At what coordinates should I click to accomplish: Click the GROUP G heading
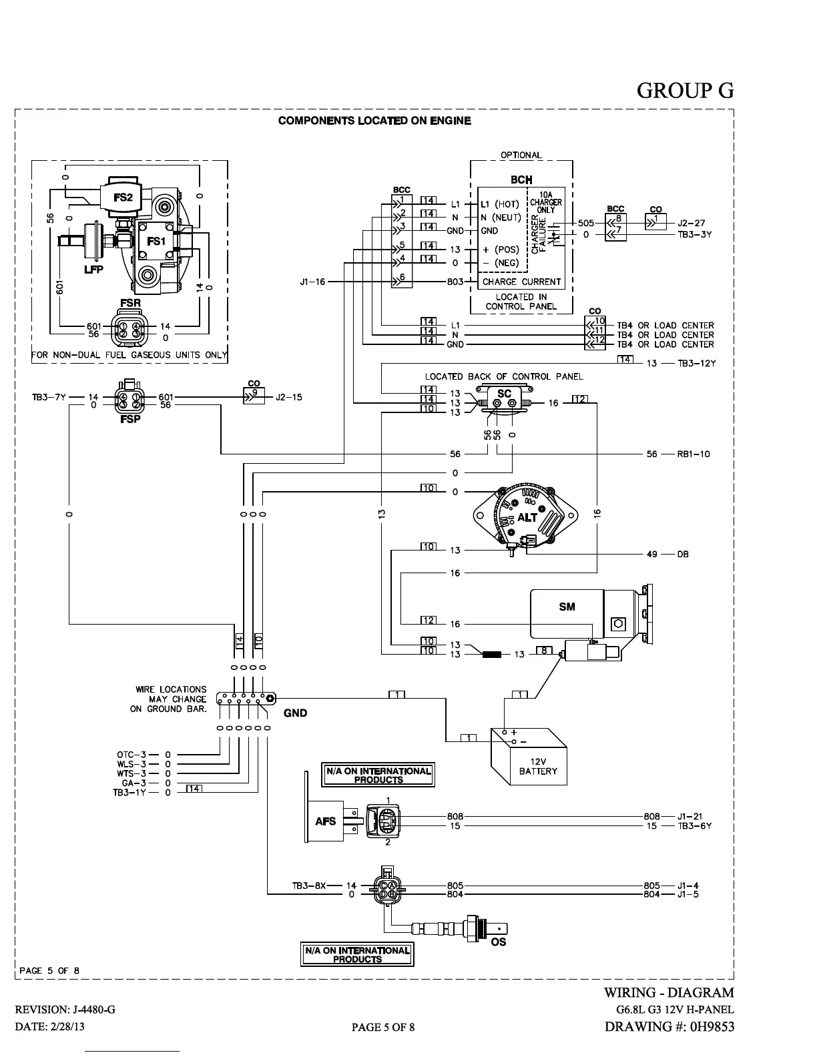685,90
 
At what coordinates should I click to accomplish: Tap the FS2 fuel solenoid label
123,198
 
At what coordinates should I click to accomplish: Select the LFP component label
93,269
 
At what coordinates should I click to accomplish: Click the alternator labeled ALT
527,517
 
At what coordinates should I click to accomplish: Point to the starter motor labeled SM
567,607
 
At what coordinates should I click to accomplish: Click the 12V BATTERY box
538,766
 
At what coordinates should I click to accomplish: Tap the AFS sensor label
326,821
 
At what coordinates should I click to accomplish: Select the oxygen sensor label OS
498,942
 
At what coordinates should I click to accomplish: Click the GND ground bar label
295,713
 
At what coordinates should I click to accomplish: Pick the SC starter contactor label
504,394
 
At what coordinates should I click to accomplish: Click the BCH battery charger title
521,180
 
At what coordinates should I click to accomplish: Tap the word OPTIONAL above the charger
521,155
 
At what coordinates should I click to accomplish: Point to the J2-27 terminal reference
691,224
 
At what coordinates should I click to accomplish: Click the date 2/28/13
67,1026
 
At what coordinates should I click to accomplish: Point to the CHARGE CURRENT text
522,282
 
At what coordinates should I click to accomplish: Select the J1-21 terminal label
690,816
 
